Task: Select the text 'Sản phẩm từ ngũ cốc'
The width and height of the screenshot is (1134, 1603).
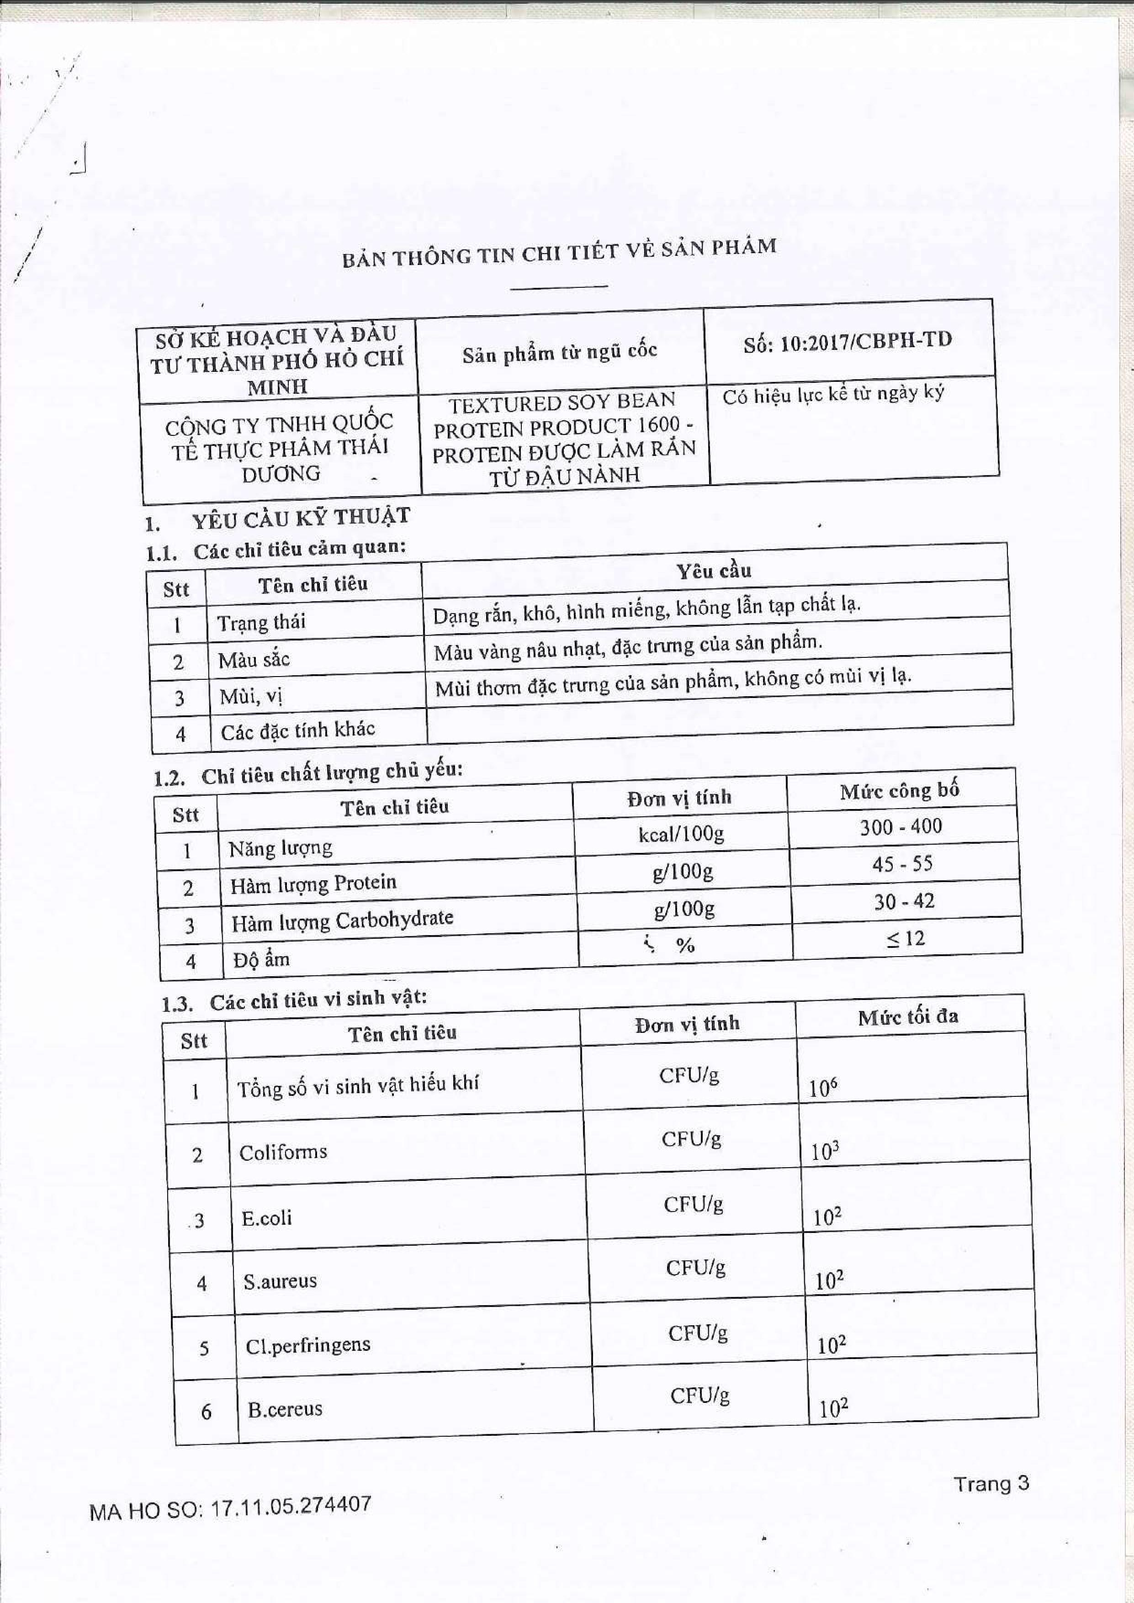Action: pos(559,353)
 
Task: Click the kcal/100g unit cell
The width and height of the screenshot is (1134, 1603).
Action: pos(681,834)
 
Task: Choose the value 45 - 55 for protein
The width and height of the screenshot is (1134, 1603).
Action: pos(901,864)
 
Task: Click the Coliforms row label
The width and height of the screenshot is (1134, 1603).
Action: pos(283,1151)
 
